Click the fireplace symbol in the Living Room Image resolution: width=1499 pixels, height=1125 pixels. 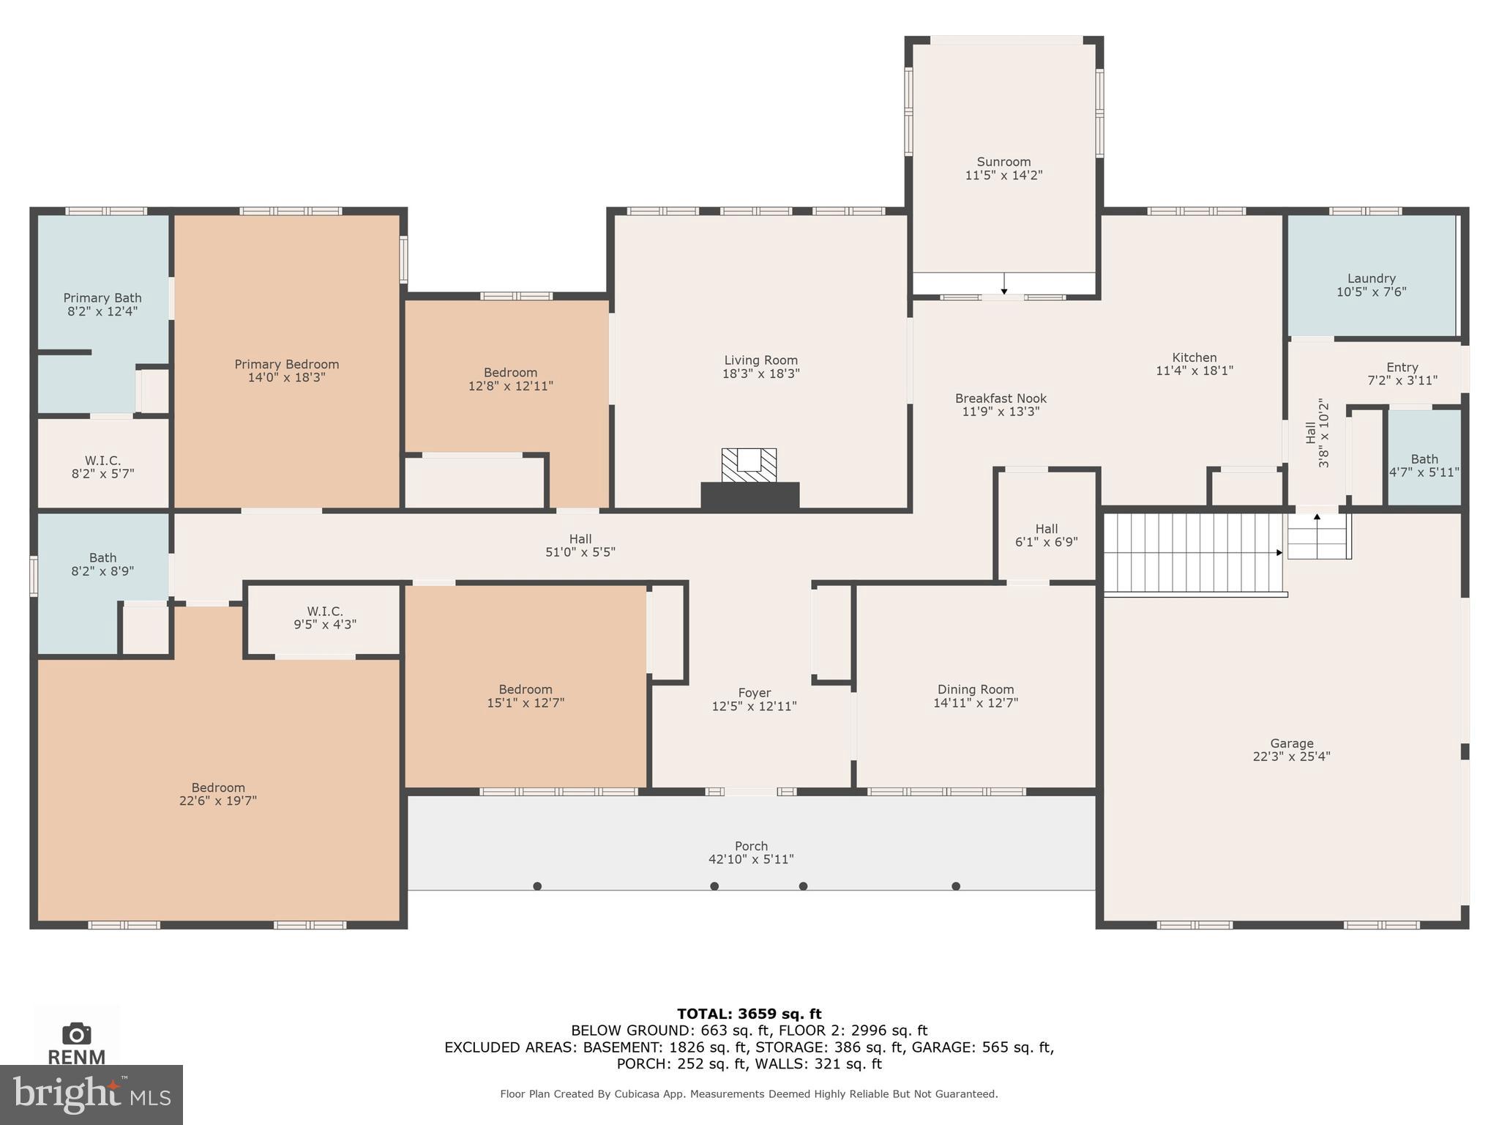pos(749,465)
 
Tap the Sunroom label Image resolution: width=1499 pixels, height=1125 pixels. pos(1003,162)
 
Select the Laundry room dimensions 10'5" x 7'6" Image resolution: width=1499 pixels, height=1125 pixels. pos(1371,292)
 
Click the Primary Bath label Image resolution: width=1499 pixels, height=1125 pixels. pos(102,297)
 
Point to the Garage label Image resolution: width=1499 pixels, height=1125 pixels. pos(1291,743)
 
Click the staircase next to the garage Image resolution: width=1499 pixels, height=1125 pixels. pos(1193,553)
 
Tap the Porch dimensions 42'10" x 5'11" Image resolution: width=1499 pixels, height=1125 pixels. pos(751,859)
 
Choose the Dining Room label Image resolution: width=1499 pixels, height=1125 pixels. pos(976,689)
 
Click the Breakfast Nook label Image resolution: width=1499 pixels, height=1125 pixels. pos(1001,398)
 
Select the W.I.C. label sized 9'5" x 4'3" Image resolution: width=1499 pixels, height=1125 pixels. pos(325,611)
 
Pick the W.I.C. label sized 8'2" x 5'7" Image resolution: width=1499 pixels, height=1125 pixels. pos(102,460)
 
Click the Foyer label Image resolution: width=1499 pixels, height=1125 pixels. pos(754,692)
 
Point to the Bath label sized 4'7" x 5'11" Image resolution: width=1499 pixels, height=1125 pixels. pos(1424,459)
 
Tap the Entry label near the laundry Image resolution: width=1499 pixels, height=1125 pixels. pos(1402,367)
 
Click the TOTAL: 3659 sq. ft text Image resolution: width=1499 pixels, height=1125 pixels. pos(749,1014)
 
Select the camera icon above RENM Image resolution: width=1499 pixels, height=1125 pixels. pos(76,1033)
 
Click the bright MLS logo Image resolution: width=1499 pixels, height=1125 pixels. pos(91,1095)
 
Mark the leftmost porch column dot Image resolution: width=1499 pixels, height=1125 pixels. pos(537,886)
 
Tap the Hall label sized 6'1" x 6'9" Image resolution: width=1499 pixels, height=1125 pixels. pos(1046,528)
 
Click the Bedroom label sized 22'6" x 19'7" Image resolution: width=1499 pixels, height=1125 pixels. pos(218,787)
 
